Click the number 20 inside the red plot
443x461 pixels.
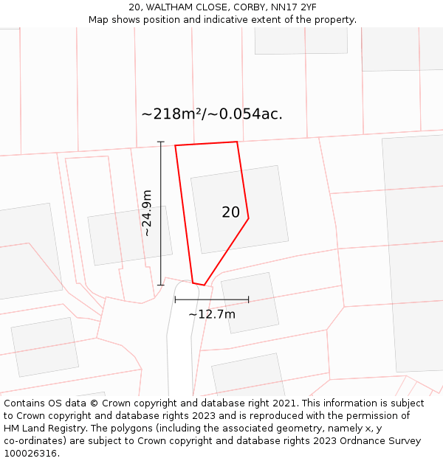230,212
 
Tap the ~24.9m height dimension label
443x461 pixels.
147,212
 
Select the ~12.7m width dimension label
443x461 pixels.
212,314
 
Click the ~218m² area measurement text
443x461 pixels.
171,114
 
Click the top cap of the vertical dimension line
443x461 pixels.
160,142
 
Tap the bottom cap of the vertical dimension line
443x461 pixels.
160,285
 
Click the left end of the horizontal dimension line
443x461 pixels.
175,299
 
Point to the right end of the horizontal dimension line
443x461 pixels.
248,299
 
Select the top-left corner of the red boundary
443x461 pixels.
176,145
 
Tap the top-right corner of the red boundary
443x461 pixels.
237,142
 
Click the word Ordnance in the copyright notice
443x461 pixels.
354,441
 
